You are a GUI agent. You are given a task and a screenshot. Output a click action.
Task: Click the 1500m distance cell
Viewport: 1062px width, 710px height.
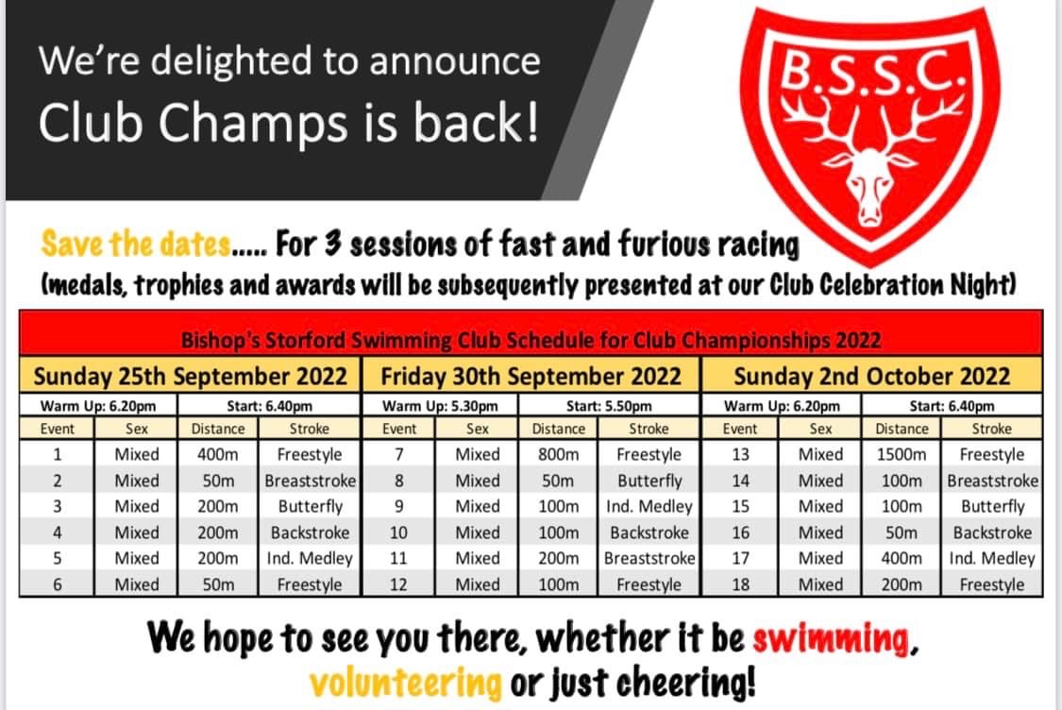(x=901, y=454)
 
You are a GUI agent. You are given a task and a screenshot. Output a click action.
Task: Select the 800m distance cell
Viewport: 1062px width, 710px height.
(x=558, y=454)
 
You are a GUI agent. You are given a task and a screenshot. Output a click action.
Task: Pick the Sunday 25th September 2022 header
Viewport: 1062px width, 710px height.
(x=191, y=376)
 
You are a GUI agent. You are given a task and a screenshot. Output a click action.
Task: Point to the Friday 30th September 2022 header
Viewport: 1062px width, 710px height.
(x=531, y=376)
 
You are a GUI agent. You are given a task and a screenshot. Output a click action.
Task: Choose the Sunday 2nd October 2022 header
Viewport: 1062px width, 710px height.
(x=871, y=376)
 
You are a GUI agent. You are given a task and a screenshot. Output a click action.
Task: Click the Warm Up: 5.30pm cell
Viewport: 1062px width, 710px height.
(x=440, y=406)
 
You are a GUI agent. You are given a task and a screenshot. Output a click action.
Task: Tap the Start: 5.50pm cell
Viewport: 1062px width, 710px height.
(x=609, y=406)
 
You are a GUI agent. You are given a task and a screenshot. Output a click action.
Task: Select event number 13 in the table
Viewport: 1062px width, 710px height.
(x=740, y=454)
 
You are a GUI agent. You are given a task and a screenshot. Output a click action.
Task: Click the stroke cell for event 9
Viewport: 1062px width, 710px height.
(x=649, y=507)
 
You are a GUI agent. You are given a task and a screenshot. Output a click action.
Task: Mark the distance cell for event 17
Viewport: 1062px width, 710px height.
(x=901, y=558)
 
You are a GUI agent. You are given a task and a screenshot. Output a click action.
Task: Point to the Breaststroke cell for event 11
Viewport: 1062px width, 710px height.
(x=649, y=558)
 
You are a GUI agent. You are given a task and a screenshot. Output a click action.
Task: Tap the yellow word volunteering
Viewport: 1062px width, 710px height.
(x=406, y=683)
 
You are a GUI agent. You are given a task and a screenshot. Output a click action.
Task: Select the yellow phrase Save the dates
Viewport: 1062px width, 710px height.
(x=135, y=244)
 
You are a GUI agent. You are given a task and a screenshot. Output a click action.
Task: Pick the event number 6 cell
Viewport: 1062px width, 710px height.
(x=57, y=584)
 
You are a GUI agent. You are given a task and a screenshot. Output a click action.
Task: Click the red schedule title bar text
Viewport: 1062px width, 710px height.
(x=531, y=339)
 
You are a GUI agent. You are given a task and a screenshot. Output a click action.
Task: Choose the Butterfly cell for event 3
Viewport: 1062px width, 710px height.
(x=311, y=507)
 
